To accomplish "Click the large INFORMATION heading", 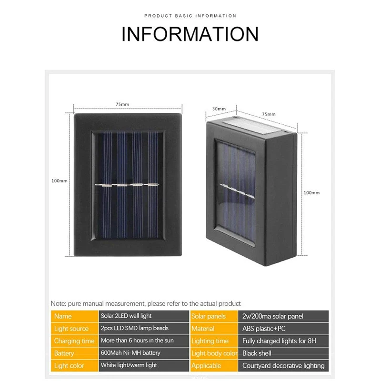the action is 190,34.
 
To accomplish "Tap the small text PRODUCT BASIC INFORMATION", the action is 190,16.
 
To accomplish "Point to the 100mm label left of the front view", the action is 60,180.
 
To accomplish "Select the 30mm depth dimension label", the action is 219,109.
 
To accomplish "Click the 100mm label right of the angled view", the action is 312,192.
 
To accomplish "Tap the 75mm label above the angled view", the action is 269,114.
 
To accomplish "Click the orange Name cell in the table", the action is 74,316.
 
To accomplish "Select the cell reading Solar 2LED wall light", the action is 143,316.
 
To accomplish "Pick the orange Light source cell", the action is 74,329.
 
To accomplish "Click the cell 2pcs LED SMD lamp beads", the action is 143,328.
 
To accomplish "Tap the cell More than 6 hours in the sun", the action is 143,341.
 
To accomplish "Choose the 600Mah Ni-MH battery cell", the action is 143,353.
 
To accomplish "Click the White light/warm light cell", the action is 143,365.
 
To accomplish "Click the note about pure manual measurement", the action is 146,303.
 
